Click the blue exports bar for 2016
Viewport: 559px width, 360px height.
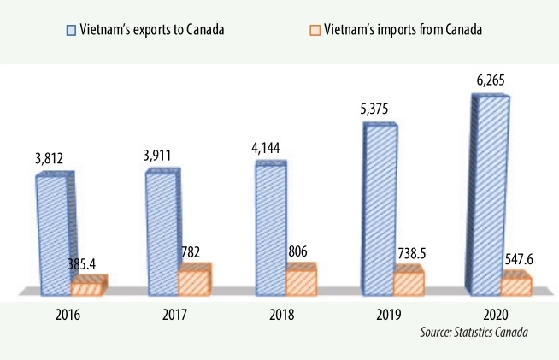click(x=54, y=234)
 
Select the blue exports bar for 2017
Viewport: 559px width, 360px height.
click(x=163, y=232)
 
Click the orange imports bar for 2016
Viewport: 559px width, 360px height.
click(x=88, y=286)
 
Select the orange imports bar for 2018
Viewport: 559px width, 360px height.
click(x=301, y=280)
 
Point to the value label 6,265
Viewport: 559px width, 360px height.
click(x=491, y=80)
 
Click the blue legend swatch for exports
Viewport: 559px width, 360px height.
click(x=73, y=31)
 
